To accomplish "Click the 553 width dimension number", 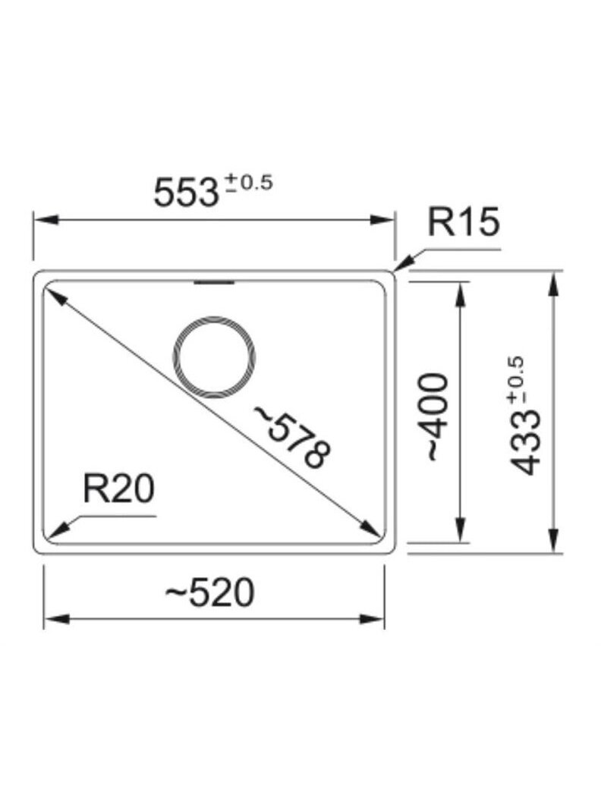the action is coord(185,193).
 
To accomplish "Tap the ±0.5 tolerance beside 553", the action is coord(250,182).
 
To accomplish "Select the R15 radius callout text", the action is coord(462,221).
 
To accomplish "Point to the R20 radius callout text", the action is coord(118,488).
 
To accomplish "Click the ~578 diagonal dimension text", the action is coord(292,437).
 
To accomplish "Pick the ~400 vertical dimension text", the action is coord(437,417).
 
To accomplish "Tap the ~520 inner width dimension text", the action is coord(209,592).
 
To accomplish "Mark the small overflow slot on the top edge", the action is coord(214,281).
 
